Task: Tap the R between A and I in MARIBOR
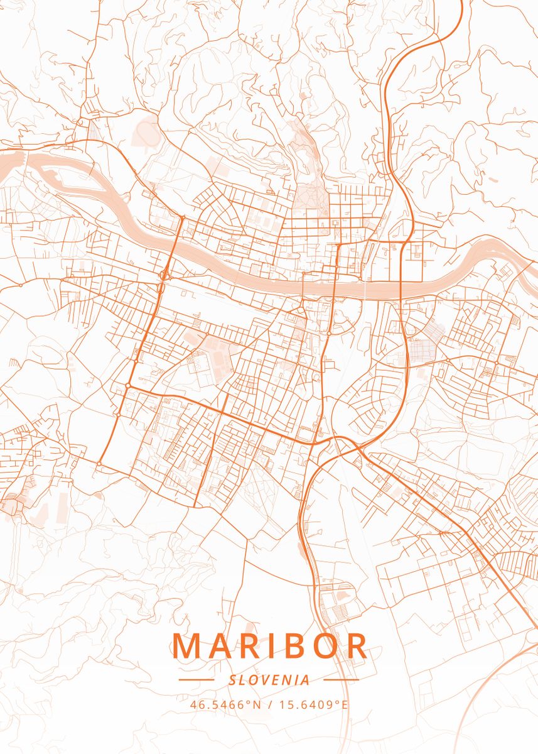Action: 251,646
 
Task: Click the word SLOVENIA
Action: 269,680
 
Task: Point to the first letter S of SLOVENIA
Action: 232,680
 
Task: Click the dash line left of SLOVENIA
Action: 196,680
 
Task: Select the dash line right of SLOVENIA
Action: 341,680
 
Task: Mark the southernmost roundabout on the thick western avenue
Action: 99,464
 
